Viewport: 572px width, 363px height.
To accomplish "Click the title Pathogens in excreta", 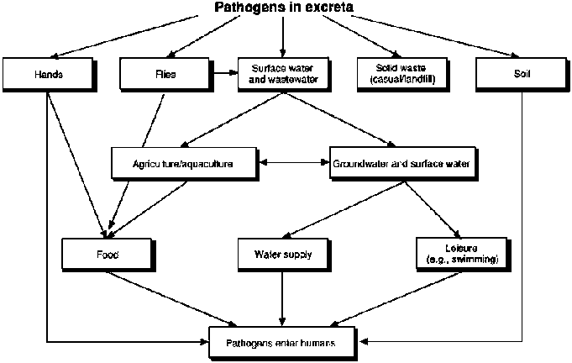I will point(284,8).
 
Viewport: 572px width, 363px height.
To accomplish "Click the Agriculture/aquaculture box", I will point(182,161).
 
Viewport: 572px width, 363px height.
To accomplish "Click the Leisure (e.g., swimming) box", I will point(459,253).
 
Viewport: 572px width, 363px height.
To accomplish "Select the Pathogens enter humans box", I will point(283,342).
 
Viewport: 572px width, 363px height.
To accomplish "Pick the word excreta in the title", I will point(324,8).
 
